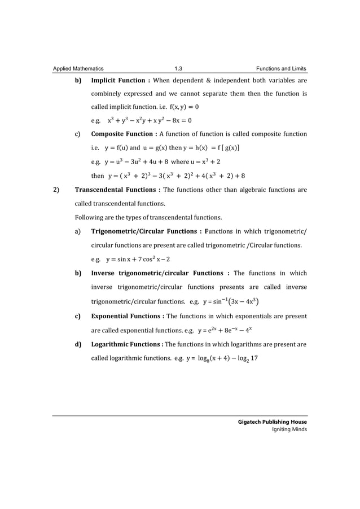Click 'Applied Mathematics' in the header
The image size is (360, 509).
(78, 69)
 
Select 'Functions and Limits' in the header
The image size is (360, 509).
(281, 69)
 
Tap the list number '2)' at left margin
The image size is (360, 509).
(56, 190)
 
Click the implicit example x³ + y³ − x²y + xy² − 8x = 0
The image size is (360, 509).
(150, 120)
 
